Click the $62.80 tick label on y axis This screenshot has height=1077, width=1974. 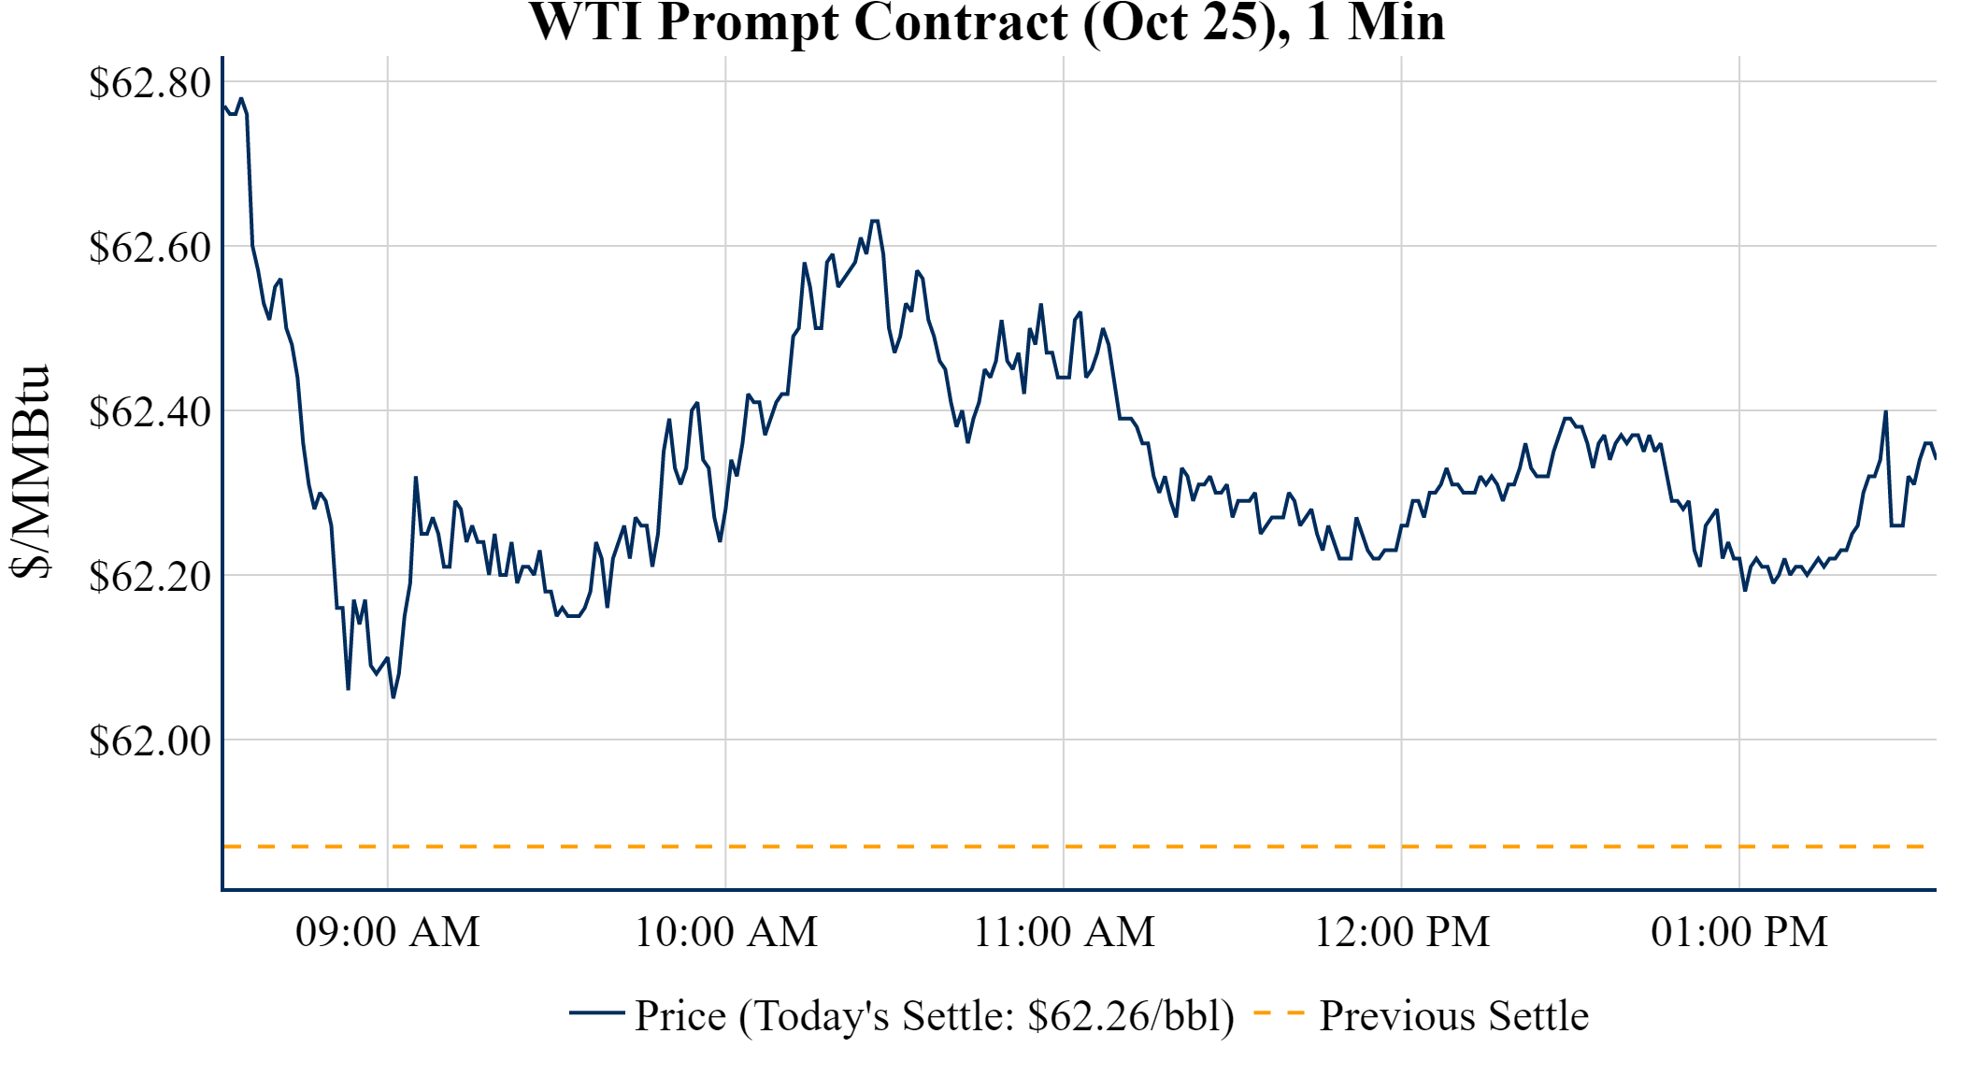pos(150,83)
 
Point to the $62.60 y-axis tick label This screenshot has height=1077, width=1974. pos(150,248)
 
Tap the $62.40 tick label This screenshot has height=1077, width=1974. pos(150,412)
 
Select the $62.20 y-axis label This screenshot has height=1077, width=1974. pos(150,577)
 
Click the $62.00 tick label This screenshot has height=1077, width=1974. pos(150,741)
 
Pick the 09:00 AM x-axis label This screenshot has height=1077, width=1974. pos(388,932)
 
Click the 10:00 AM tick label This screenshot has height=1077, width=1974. pos(726,932)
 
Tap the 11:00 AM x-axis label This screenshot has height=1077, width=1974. pos(1065,932)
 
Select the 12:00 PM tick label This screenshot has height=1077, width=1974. pos(1402,932)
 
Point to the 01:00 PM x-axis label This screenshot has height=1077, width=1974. pos(1739,932)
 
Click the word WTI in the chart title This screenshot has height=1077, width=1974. pos(585,22)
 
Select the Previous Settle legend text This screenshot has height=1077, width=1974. pos(1453,1016)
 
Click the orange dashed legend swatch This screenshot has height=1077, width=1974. pos(1279,1012)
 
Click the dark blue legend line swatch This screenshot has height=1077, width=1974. pos(596,1012)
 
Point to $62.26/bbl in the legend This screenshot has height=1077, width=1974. pos(1130,1016)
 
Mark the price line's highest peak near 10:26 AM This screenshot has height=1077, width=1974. pos(875,222)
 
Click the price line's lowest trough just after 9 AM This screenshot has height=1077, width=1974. pos(393,696)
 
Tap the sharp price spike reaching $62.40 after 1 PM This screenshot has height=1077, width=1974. pos(1885,412)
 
